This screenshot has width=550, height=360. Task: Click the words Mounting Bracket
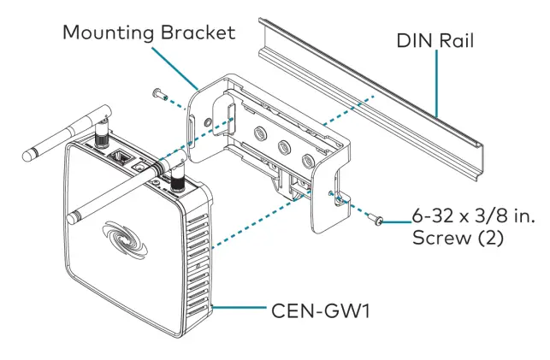click(x=147, y=32)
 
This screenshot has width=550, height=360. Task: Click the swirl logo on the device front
click(x=127, y=234)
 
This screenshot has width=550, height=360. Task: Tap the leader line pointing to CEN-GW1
click(x=244, y=305)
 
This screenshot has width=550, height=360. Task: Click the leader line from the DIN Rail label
click(x=438, y=86)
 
